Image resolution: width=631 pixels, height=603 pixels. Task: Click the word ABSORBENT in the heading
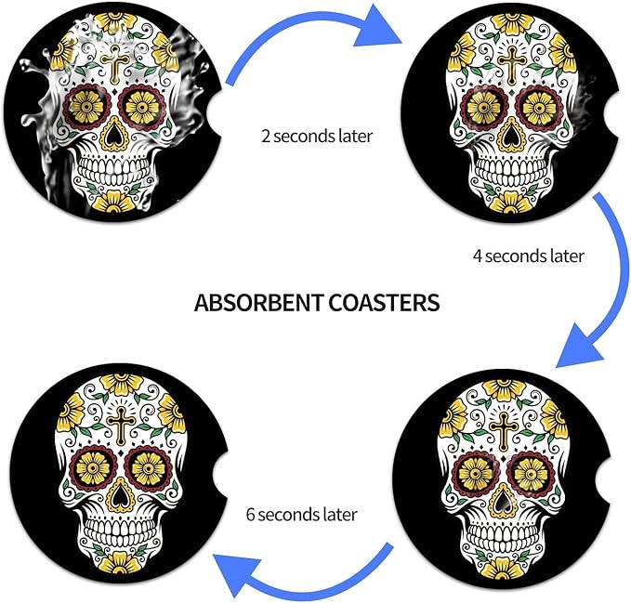[x=258, y=303]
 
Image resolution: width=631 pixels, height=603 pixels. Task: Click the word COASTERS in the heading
[x=384, y=303]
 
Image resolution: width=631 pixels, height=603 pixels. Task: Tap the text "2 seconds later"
[x=317, y=136]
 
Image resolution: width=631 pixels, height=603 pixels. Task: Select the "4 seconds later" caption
[x=529, y=256]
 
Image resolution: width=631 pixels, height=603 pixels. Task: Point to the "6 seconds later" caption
[x=302, y=515]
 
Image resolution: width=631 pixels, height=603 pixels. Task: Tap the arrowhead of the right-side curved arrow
[x=579, y=347]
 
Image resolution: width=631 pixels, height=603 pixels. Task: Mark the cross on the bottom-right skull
[x=503, y=430]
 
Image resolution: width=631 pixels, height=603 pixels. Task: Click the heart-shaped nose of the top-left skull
[x=114, y=136]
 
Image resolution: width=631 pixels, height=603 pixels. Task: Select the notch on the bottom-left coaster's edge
[x=222, y=478]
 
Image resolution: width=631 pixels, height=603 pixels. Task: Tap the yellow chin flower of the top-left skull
[x=113, y=202]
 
